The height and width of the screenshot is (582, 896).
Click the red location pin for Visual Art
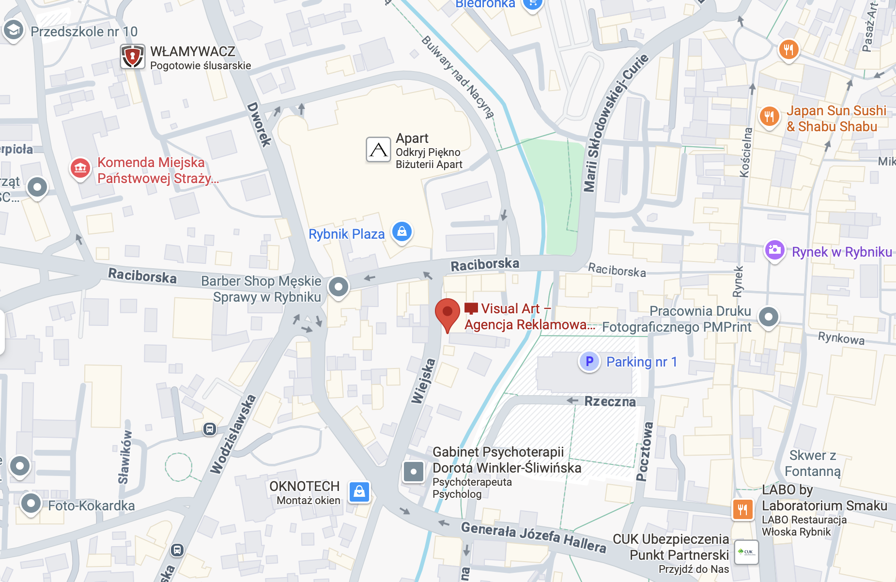(x=447, y=312)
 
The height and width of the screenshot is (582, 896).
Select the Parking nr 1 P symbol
(x=589, y=362)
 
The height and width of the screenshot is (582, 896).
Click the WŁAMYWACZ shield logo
(x=132, y=57)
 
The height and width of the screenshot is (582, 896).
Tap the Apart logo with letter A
(x=378, y=150)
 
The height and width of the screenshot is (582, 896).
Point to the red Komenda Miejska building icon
(x=80, y=168)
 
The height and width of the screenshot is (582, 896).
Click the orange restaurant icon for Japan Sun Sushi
(x=769, y=116)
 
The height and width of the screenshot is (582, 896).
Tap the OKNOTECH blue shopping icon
(x=359, y=492)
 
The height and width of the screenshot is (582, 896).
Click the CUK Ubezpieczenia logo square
(x=746, y=552)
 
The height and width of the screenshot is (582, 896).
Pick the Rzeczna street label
(x=610, y=401)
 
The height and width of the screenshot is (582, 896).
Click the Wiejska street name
(x=423, y=381)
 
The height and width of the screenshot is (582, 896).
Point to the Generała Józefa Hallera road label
(x=533, y=536)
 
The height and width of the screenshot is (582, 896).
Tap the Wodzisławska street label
(x=233, y=434)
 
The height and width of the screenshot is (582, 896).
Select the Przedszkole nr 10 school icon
(x=14, y=31)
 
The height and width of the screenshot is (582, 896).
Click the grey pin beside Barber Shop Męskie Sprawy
(x=339, y=287)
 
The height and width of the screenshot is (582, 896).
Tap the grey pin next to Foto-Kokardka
(x=31, y=504)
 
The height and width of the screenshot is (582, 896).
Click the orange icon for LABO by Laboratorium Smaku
(x=742, y=509)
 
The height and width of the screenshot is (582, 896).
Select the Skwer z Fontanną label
(x=813, y=463)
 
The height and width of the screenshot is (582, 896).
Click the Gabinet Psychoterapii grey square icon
(x=414, y=472)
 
